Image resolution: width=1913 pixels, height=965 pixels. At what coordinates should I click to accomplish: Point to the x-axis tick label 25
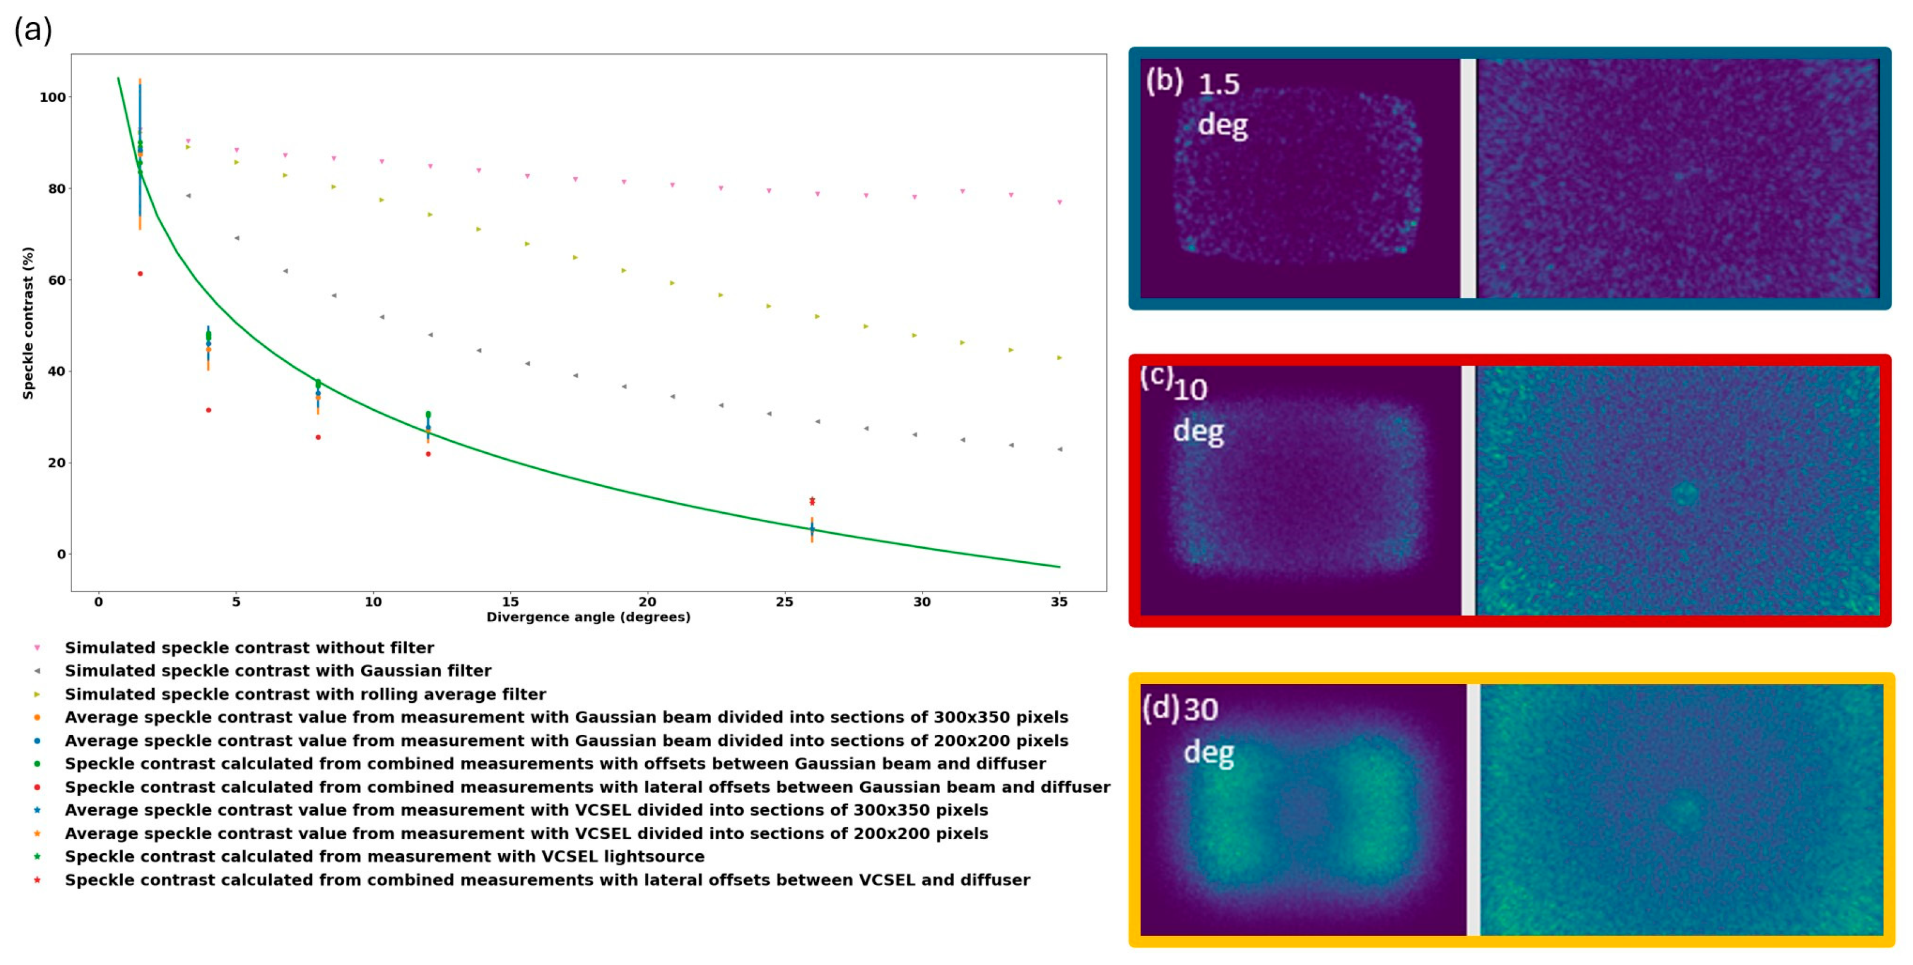click(x=784, y=602)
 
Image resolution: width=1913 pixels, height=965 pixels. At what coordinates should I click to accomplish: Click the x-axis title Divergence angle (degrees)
click(x=588, y=617)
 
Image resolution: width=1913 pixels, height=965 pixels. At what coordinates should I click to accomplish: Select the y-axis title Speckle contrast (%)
click(x=28, y=323)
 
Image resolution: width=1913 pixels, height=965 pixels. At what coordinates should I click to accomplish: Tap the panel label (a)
click(x=33, y=30)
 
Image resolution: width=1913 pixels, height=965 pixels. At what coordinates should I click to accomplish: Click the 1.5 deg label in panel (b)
click(x=1222, y=104)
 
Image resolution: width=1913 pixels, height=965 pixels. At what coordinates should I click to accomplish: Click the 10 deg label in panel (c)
click(x=1196, y=411)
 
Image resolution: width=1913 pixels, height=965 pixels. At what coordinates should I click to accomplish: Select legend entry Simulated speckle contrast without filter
click(x=249, y=648)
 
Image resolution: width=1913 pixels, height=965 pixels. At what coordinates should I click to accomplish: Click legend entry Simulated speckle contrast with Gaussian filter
click(x=278, y=671)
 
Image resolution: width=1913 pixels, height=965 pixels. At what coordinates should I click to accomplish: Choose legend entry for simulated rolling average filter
click(x=305, y=695)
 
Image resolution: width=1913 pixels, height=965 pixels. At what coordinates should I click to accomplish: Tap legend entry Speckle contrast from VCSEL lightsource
click(x=384, y=857)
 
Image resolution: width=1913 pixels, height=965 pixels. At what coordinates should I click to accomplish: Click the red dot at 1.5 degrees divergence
click(x=140, y=274)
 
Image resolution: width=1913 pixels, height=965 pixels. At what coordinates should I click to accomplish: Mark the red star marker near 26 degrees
click(x=812, y=502)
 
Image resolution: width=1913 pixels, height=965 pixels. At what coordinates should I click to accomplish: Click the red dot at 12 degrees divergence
click(x=428, y=454)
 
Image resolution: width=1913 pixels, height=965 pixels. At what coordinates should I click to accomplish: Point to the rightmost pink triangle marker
click(x=1060, y=202)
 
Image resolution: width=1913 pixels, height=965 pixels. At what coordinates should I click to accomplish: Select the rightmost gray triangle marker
click(x=1060, y=449)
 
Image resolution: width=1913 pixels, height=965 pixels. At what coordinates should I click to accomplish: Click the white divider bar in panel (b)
click(x=1468, y=178)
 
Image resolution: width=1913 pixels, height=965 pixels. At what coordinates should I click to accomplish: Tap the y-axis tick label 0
click(x=61, y=554)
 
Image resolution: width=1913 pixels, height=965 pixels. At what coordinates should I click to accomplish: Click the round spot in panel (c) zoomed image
click(x=1685, y=495)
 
